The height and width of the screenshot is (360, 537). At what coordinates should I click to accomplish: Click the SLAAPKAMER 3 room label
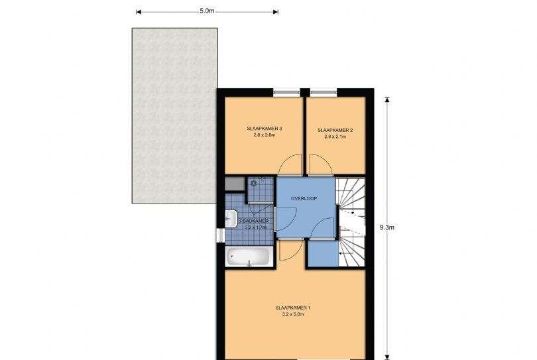click(x=264, y=129)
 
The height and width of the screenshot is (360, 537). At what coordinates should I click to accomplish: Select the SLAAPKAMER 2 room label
click(x=334, y=130)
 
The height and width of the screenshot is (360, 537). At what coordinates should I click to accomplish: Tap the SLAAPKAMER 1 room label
click(x=292, y=308)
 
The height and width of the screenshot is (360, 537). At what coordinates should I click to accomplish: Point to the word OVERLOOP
click(x=305, y=198)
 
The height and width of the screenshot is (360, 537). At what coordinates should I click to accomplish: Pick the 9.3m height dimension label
click(x=387, y=227)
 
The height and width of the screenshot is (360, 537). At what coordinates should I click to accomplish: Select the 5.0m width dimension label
click(x=207, y=11)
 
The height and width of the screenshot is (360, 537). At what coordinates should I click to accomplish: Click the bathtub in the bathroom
click(x=248, y=257)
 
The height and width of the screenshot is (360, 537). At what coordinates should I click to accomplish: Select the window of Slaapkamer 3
click(x=286, y=92)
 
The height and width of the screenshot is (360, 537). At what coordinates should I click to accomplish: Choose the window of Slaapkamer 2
click(x=323, y=92)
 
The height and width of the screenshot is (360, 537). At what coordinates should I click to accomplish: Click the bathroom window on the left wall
click(x=220, y=235)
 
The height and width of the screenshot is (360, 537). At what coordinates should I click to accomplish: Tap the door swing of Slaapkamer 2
click(x=318, y=166)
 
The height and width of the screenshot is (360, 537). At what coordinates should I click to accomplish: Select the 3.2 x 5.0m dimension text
click(x=292, y=315)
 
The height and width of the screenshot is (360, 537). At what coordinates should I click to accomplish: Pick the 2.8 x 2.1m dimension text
click(x=334, y=137)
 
